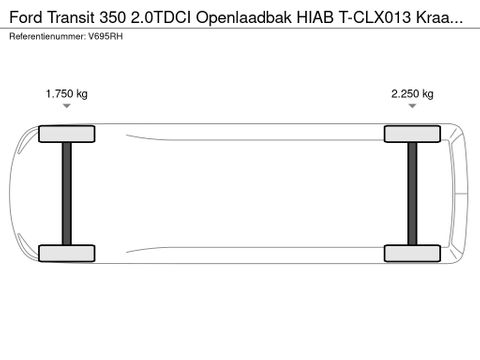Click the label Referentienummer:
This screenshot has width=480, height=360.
point(45,36)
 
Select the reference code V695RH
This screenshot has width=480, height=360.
point(104,36)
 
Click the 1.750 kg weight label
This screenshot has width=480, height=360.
point(67,94)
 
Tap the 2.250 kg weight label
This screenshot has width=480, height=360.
point(412,94)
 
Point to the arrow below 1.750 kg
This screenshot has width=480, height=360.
point(67,106)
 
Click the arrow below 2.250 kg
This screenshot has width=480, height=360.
point(412,106)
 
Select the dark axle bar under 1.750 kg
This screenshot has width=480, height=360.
point(67,193)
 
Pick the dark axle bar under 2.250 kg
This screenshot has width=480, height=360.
point(412,193)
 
